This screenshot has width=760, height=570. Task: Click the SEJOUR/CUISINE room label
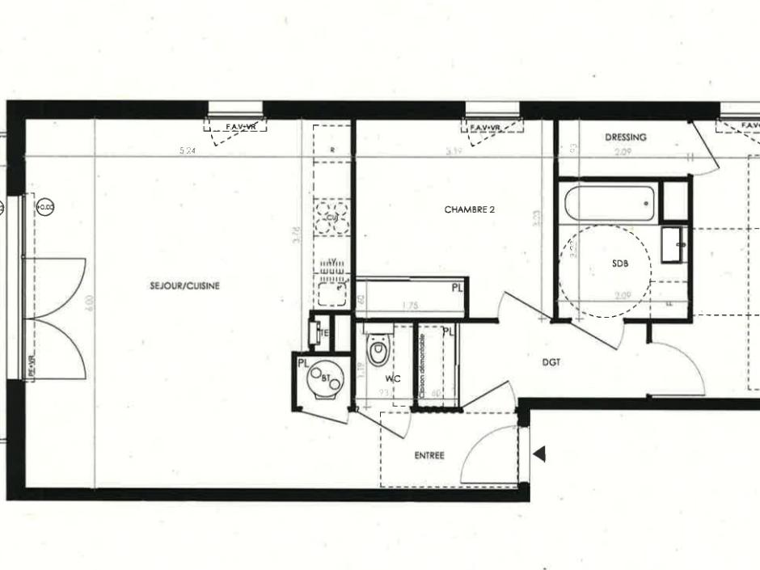pyautogui.click(x=184, y=285)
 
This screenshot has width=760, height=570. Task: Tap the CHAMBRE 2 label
pyautogui.click(x=469, y=209)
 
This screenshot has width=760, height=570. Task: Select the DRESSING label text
pyautogui.click(x=625, y=137)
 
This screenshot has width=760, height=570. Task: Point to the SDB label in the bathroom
pyautogui.click(x=619, y=264)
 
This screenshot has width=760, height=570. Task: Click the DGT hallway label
pyautogui.click(x=551, y=363)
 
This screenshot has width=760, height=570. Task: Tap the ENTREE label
pyautogui.click(x=429, y=455)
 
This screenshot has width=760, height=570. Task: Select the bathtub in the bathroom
pyautogui.click(x=609, y=203)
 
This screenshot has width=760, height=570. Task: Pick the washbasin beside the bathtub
pyautogui.click(x=674, y=244)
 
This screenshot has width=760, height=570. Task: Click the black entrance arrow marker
pyautogui.click(x=539, y=455)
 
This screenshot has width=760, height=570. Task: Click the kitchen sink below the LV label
pyautogui.click(x=331, y=292)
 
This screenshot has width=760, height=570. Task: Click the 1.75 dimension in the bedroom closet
pyautogui.click(x=411, y=306)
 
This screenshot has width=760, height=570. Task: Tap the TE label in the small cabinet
pyautogui.click(x=324, y=333)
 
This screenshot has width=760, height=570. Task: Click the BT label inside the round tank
pyautogui.click(x=326, y=378)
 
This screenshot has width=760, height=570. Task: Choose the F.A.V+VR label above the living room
pyautogui.click(x=235, y=127)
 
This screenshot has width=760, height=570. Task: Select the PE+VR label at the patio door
pyautogui.click(x=32, y=366)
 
